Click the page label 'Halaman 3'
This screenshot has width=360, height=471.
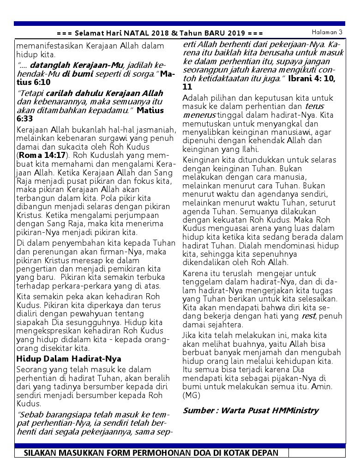point(327,32)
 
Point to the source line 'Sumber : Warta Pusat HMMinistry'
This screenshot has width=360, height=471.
point(251,410)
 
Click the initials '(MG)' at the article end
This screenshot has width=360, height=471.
point(192,395)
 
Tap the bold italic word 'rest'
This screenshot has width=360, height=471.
point(308,316)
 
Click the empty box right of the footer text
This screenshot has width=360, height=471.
point(317,453)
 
